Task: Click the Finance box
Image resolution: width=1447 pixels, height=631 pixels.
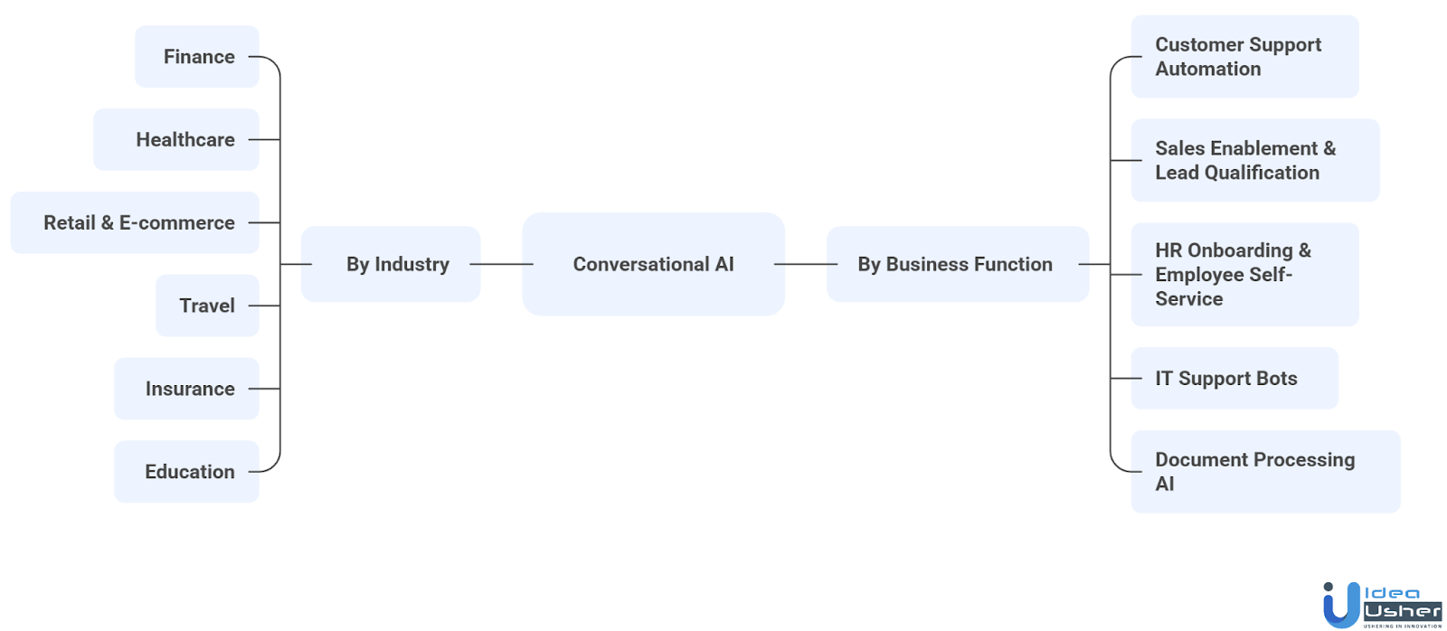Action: coord(197,57)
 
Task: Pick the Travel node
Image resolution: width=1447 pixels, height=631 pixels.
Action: coord(207,306)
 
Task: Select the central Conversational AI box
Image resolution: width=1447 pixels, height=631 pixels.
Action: coord(653,264)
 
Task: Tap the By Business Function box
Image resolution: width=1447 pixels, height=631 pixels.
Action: coord(957,264)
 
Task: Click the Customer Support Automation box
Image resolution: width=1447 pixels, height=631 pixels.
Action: coord(1244,57)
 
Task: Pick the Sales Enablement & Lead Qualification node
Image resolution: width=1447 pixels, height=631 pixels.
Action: coord(1254,160)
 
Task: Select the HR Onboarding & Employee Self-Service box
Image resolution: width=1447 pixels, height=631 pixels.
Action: coord(1244,275)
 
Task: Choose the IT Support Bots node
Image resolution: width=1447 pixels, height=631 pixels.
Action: coord(1234,379)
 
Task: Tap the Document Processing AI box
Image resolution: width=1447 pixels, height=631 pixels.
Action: coord(1265,472)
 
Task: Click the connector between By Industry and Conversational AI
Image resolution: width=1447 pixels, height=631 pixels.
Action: coord(502,264)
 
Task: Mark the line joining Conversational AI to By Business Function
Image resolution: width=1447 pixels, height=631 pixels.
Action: coord(806,264)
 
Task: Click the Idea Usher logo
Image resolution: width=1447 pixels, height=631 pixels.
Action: coord(1382,605)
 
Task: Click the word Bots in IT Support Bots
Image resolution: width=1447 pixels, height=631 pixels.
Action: coord(1276,379)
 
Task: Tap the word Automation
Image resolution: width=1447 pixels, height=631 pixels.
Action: coord(1207,70)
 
